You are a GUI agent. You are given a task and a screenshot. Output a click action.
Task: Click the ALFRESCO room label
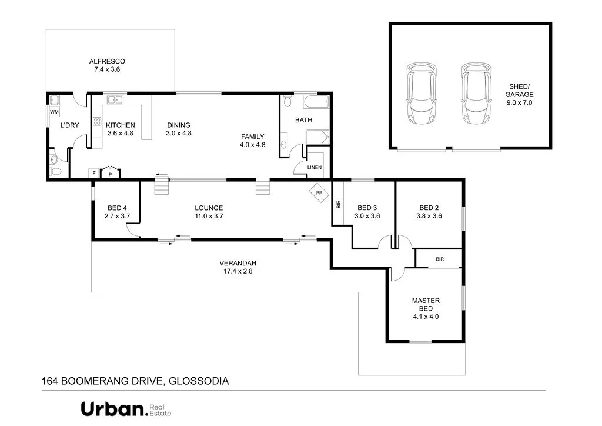[x=106, y=65]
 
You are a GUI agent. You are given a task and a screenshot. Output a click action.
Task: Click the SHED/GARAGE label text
[x=521, y=94]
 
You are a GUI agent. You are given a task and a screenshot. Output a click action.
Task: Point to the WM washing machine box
[x=54, y=112]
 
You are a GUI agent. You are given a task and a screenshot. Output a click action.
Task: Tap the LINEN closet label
[x=315, y=168]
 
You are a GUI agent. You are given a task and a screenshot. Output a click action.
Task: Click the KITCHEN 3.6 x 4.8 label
[x=120, y=129]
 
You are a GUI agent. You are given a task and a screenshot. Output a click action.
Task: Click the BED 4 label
[x=116, y=212]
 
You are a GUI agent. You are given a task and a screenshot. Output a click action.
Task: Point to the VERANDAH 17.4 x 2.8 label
[x=238, y=267]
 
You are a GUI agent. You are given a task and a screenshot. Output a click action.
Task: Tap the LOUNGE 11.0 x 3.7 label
[x=209, y=212]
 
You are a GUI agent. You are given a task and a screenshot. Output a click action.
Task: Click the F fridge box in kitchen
[x=93, y=173]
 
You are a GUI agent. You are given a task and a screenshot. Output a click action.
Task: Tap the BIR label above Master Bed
[x=440, y=259]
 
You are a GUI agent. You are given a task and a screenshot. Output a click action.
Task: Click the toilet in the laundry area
[x=55, y=170]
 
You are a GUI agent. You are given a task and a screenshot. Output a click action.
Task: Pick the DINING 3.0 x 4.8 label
[x=179, y=129]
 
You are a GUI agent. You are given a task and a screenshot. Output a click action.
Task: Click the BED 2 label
[x=429, y=212]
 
